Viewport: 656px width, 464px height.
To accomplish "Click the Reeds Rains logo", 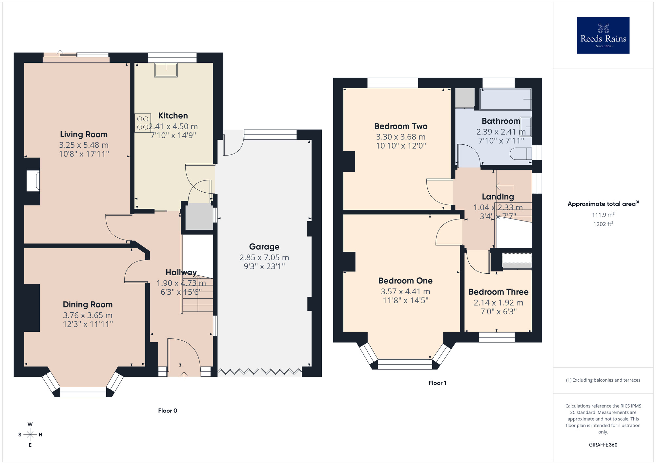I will pyautogui.click(x=603, y=35).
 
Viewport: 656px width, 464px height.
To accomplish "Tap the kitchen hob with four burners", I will pyautogui.click(x=143, y=123).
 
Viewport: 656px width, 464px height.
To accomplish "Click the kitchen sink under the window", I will pyautogui.click(x=166, y=70).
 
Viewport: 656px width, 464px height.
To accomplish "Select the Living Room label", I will pyautogui.click(x=84, y=134).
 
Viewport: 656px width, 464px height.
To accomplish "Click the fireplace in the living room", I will pyautogui.click(x=33, y=180).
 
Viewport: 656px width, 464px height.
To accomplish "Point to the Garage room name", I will pyautogui.click(x=264, y=246).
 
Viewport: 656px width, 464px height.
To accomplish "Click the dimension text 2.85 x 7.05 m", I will pyautogui.click(x=264, y=257).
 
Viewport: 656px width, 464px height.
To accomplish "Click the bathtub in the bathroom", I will pyautogui.click(x=505, y=99).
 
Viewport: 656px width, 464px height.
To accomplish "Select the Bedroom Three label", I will pyautogui.click(x=498, y=292).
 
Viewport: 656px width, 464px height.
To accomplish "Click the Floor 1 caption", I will pyautogui.click(x=437, y=383).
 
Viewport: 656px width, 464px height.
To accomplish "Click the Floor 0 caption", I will pyautogui.click(x=168, y=411).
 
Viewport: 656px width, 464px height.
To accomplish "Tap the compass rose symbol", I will pyautogui.click(x=30, y=435).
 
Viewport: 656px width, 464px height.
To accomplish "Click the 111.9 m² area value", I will pyautogui.click(x=603, y=215).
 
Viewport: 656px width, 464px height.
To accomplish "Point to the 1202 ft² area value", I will pyautogui.click(x=603, y=224).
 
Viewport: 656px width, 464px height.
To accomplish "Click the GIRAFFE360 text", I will pyautogui.click(x=603, y=445).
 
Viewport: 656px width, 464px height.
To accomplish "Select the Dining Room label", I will pyautogui.click(x=88, y=305).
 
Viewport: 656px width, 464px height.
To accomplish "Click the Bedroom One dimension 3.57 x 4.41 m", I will pyautogui.click(x=405, y=291).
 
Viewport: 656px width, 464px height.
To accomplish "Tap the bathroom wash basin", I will pyautogui.click(x=525, y=126).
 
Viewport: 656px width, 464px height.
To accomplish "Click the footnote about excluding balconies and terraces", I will pyautogui.click(x=603, y=380).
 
